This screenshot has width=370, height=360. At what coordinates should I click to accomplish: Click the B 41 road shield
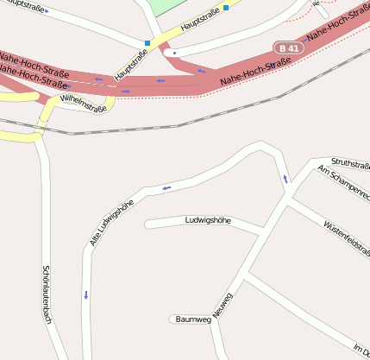click(x=289, y=48)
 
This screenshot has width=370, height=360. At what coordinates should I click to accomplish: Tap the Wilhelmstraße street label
click(x=85, y=104)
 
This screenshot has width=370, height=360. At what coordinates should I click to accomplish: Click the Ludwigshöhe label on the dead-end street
click(x=208, y=221)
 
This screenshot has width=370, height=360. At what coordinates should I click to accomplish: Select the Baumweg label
click(x=193, y=319)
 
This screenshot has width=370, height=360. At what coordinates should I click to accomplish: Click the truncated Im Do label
click(x=361, y=347)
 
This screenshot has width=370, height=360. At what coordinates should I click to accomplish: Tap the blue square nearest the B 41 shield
click(x=226, y=8)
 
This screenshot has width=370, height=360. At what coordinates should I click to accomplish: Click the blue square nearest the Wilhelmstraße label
click(x=147, y=43)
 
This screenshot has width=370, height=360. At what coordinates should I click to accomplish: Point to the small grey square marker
click(x=175, y=53)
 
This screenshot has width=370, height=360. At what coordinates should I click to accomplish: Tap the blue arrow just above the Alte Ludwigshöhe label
click(x=166, y=187)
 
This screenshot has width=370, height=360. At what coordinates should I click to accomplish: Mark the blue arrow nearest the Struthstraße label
click(x=285, y=179)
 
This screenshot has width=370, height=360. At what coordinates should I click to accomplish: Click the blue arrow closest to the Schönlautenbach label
click(x=86, y=295)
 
